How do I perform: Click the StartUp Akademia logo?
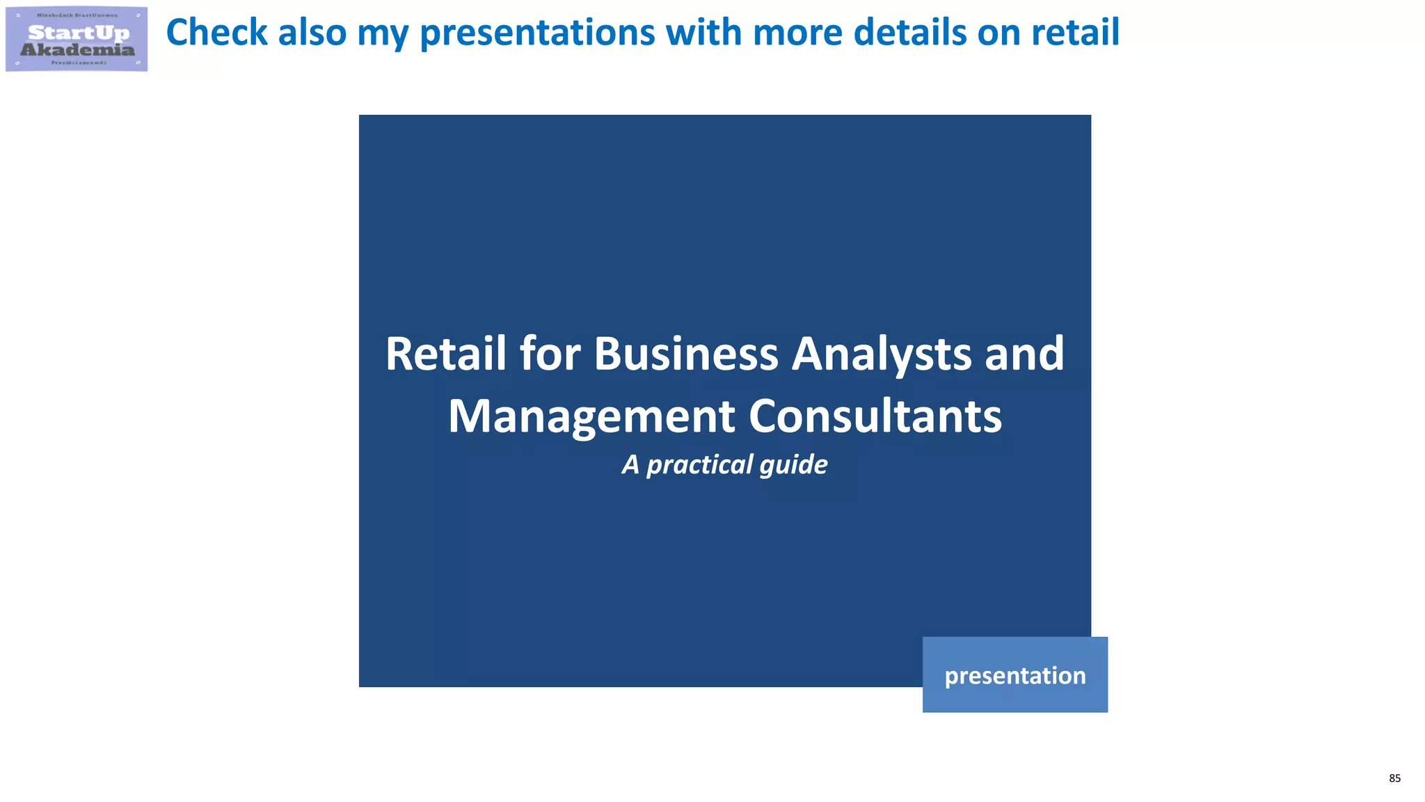[x=77, y=39]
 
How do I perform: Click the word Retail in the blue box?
[x=445, y=354]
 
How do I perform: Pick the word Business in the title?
[x=685, y=354]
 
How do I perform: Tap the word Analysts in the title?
[x=881, y=355]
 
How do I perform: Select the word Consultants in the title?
[x=875, y=416]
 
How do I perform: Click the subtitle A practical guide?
[x=724, y=464]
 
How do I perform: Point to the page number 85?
[x=1394, y=778]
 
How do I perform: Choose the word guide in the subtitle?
[x=793, y=465]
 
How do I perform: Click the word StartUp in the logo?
[x=79, y=33]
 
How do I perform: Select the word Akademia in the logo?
[x=77, y=49]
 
